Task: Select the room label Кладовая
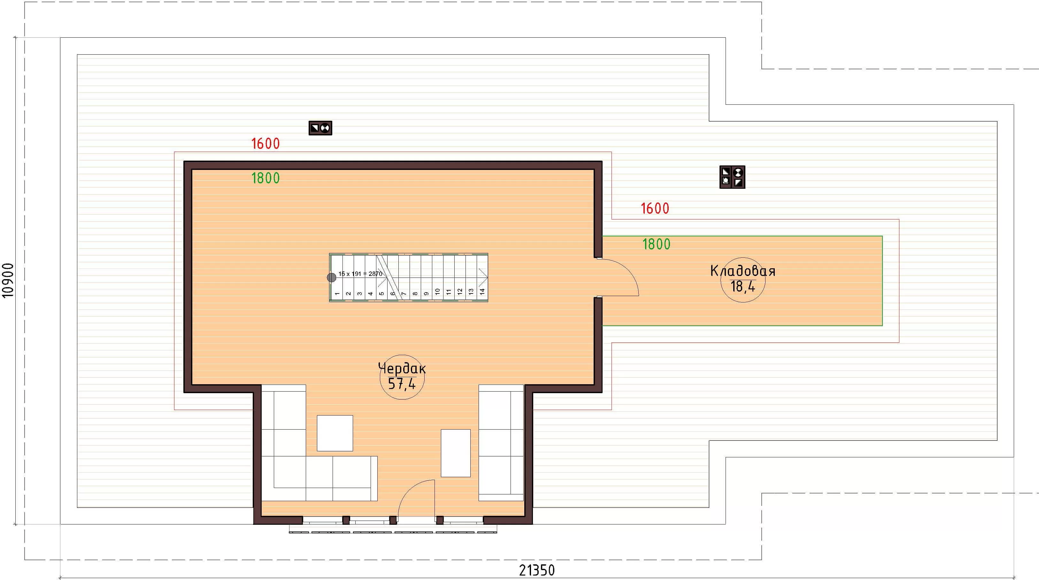click(x=743, y=271)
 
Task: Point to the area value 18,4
click(x=743, y=286)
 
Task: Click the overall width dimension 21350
click(x=537, y=570)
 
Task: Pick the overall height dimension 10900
click(x=8, y=280)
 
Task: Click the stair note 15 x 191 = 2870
click(x=360, y=274)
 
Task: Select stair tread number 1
click(x=337, y=294)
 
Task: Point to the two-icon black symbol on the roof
click(x=320, y=128)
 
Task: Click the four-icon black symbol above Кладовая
click(x=732, y=177)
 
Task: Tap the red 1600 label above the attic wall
click(x=266, y=143)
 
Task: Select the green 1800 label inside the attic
click(x=266, y=178)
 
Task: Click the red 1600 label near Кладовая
click(x=655, y=208)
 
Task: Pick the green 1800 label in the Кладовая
click(x=656, y=244)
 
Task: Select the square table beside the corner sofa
click(x=335, y=433)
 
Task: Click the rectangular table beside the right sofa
click(x=456, y=453)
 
